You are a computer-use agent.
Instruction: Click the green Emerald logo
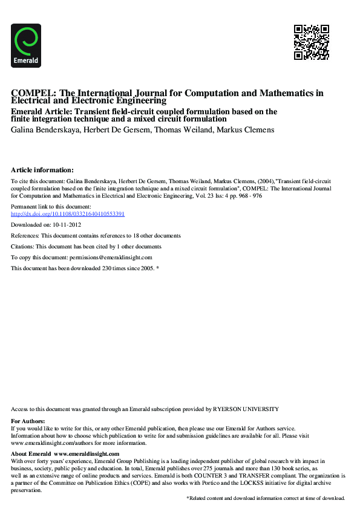[x=26, y=45]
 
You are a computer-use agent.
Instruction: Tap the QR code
[x=312, y=42]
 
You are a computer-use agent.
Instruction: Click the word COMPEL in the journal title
[x=31, y=93]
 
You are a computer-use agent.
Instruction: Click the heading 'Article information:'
[x=42, y=170]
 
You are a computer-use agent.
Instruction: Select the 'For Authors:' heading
[x=28, y=421]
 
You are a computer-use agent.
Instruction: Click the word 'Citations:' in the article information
[x=23, y=247]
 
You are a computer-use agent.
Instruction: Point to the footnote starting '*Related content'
[x=266, y=498]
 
